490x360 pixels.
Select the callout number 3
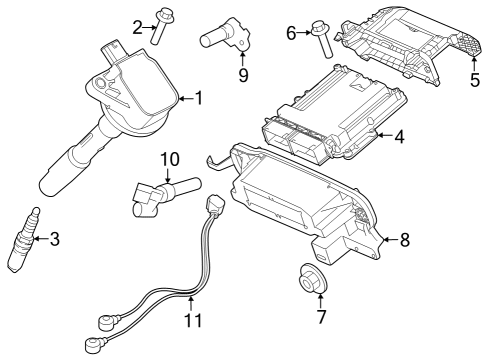[x=54, y=238]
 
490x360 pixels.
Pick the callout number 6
[x=292, y=33]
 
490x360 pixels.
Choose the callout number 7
[x=320, y=317]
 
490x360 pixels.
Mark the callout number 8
[x=405, y=239]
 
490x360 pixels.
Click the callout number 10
[x=169, y=158]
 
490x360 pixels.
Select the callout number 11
[x=192, y=320]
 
